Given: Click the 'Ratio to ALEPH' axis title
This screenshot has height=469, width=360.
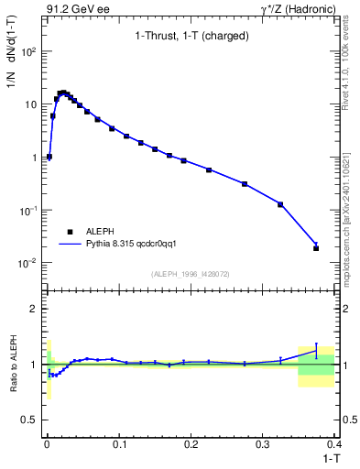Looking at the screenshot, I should [x=14, y=365].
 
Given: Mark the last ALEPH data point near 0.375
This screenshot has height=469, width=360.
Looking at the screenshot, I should [x=316, y=248].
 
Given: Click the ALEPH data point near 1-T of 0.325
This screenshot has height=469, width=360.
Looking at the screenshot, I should [x=280, y=204].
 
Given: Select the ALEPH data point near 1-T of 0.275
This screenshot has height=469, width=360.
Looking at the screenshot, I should [x=245, y=184].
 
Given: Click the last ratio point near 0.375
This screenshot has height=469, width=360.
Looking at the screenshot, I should [x=316, y=348].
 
